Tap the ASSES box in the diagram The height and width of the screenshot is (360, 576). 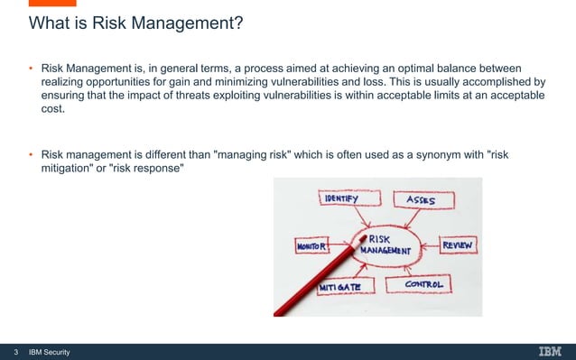pyautogui.click(x=419, y=199)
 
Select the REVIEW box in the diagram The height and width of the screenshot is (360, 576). pyautogui.click(x=459, y=244)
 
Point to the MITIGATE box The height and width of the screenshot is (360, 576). pyautogui.click(x=340, y=286)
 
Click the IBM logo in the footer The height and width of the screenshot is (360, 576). pyautogui.click(x=550, y=351)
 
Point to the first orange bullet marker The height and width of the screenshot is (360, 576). pyautogui.click(x=29, y=69)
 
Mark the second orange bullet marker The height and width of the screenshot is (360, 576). pyautogui.click(x=29, y=154)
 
